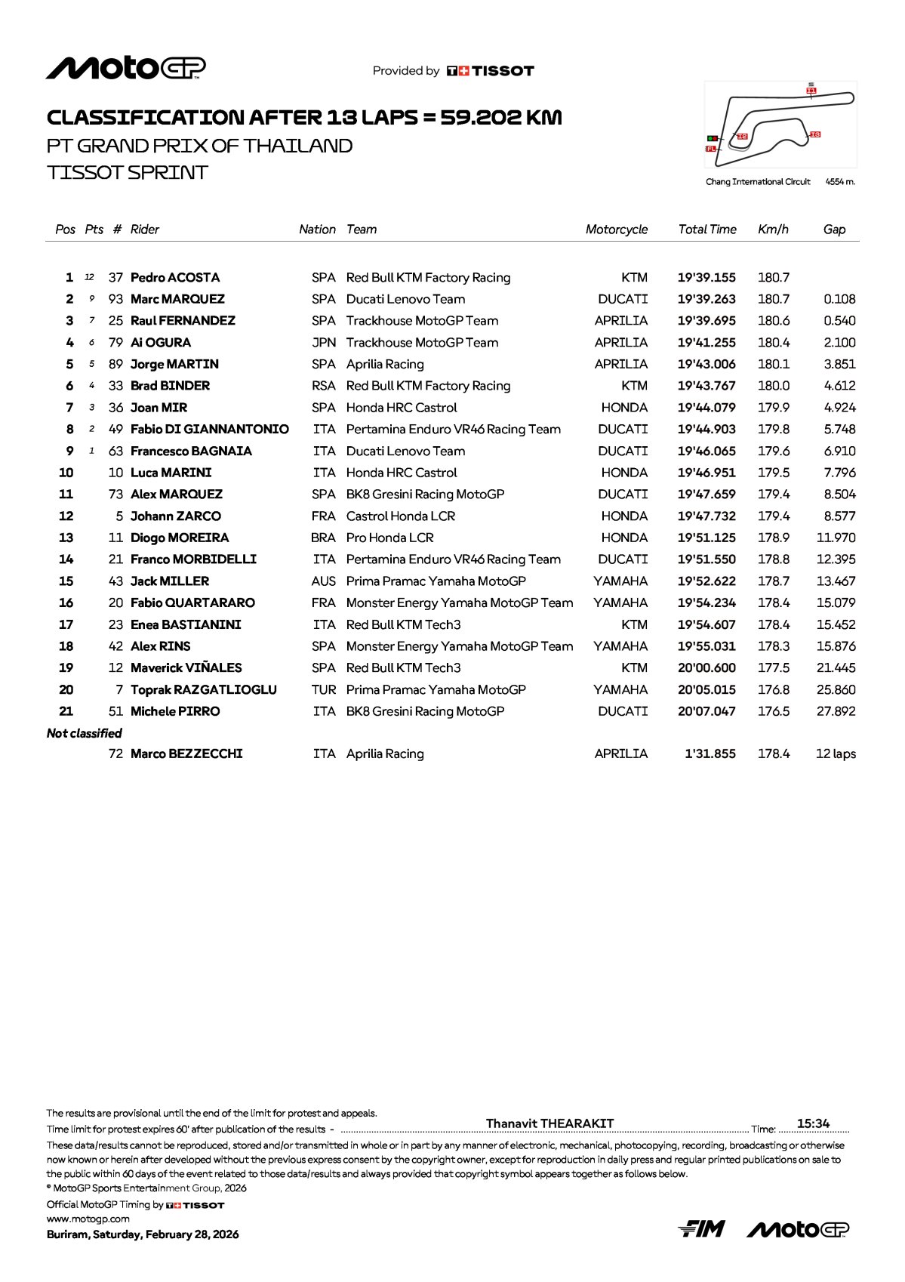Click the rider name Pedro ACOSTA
coord(175,278)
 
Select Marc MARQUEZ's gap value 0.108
coord(839,300)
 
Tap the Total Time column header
coord(707,230)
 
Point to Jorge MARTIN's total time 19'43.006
coord(706,365)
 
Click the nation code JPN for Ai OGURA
coord(324,343)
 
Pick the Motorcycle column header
coord(617,230)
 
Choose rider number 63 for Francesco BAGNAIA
coord(115,451)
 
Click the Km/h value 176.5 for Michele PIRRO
coord(774,712)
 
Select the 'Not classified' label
coord(84,733)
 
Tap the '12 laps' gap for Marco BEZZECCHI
coord(836,754)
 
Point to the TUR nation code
coord(324,690)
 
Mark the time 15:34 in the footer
coord(813,1123)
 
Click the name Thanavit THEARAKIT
coord(549,1123)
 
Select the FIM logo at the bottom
coord(701,1229)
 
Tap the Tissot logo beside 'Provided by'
coord(491,71)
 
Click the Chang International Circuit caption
coord(758,182)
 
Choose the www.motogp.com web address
coord(88,1219)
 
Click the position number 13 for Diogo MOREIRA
coord(66,538)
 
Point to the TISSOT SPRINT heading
coord(127,173)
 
